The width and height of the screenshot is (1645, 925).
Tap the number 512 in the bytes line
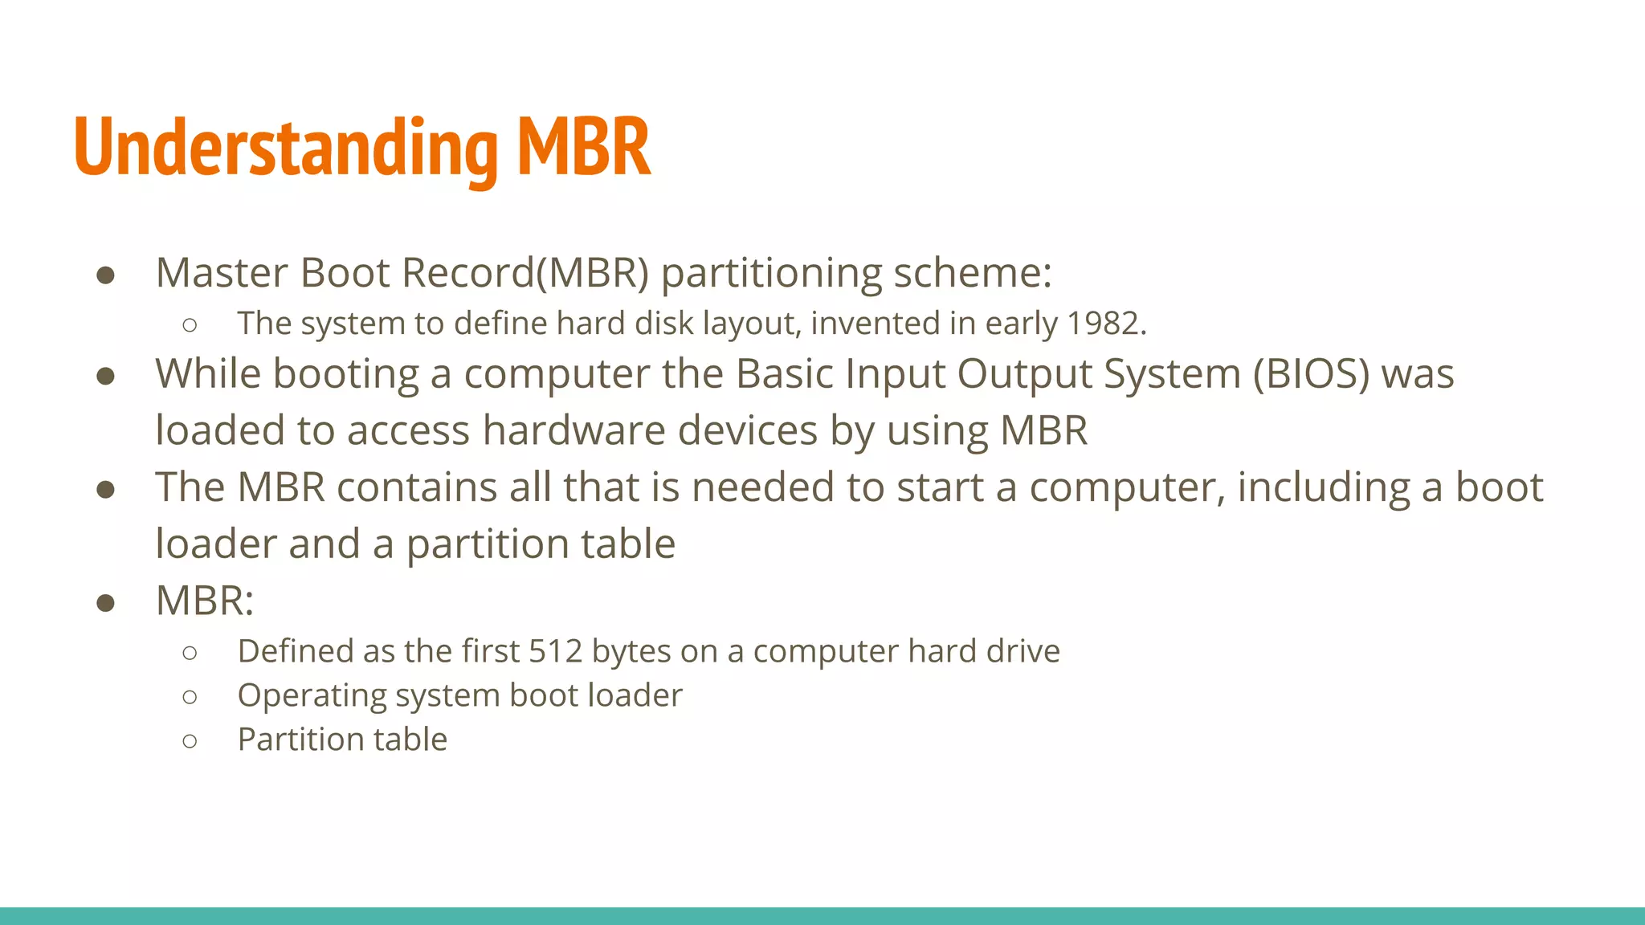click(555, 651)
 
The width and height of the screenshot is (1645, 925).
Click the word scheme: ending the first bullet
click(972, 273)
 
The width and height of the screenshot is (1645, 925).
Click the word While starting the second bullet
click(208, 374)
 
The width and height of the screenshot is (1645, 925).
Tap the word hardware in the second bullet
click(574, 430)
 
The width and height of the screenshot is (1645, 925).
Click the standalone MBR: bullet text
click(204, 601)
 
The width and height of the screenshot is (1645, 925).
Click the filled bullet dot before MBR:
click(105, 602)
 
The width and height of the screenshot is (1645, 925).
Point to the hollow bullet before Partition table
click(190, 740)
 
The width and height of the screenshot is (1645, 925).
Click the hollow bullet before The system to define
click(190, 325)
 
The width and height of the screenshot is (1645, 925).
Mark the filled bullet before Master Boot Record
click(105, 275)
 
